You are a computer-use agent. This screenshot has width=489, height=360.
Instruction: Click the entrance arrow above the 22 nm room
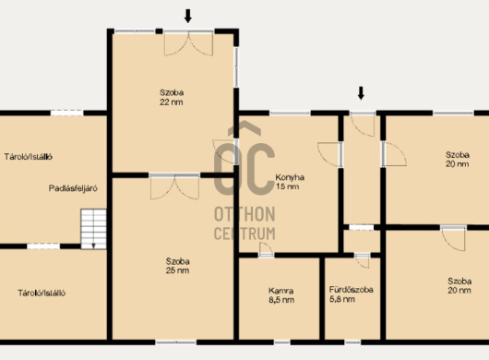click(187, 16)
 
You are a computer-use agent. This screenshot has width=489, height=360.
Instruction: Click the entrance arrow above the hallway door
click(361, 93)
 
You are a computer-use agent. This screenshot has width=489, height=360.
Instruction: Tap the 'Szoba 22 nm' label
click(172, 97)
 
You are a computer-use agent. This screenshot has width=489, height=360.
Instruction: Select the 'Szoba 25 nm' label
click(177, 266)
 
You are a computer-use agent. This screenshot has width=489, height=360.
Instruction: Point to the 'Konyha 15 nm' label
click(290, 182)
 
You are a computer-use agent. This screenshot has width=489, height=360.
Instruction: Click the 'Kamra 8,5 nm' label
click(281, 295)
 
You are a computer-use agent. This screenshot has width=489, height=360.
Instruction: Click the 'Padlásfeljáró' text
click(73, 188)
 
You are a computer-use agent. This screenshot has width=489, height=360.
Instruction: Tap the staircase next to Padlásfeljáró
click(93, 229)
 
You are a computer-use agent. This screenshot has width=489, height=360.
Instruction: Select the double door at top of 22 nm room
click(188, 43)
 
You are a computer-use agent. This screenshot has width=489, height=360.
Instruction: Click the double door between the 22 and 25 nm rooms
click(174, 186)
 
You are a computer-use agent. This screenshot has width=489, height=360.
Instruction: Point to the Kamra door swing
click(266, 249)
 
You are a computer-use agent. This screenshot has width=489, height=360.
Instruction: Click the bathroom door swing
click(362, 261)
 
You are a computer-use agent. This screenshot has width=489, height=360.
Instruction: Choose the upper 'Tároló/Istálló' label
click(29, 157)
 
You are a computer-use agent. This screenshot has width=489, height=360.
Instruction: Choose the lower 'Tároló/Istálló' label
click(42, 294)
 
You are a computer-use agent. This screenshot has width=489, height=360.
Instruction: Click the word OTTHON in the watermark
click(244, 214)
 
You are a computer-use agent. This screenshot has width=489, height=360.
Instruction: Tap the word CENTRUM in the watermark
click(244, 234)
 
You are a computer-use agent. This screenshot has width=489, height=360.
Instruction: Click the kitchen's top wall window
click(290, 114)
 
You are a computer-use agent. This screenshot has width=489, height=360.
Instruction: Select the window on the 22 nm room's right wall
click(236, 67)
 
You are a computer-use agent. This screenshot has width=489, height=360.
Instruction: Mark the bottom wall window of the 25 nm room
click(176, 342)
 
